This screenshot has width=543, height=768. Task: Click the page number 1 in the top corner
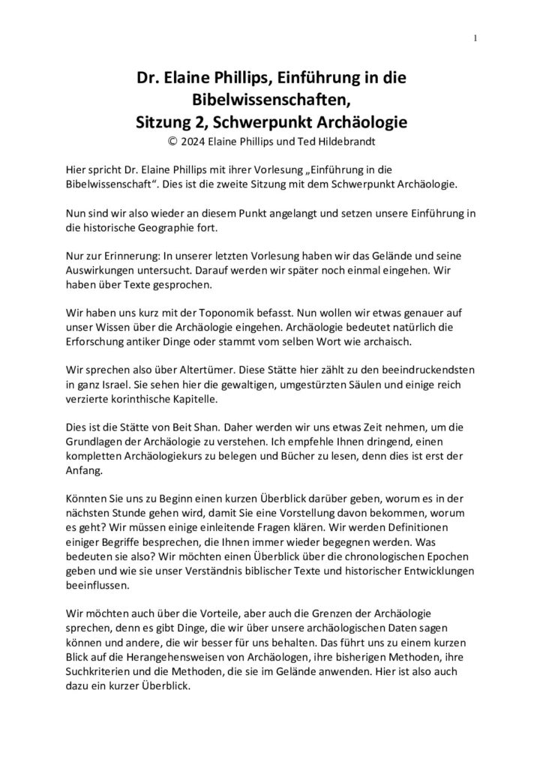click(x=476, y=38)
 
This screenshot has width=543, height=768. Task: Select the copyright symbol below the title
click(x=178, y=139)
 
